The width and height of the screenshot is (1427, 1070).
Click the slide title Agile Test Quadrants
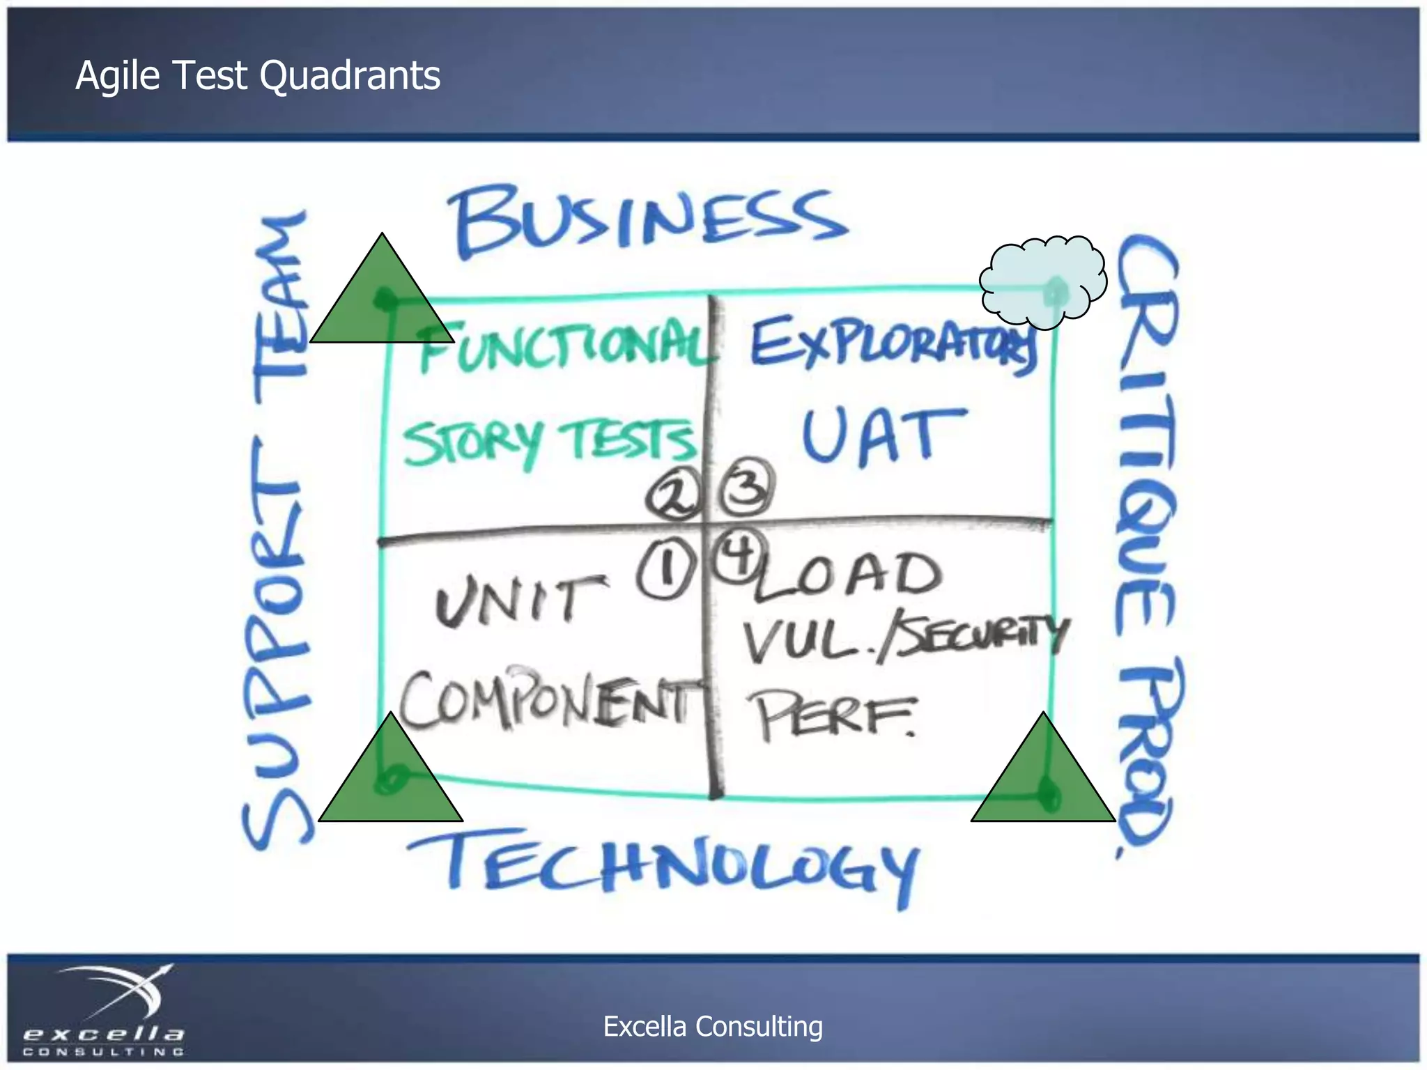click(x=258, y=75)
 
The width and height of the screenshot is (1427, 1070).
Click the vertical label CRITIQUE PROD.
click(x=1146, y=543)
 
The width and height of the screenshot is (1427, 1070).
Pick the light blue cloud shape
click(x=1042, y=281)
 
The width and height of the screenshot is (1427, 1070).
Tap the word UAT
click(x=881, y=435)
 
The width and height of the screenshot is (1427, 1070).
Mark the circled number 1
click(x=665, y=571)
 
